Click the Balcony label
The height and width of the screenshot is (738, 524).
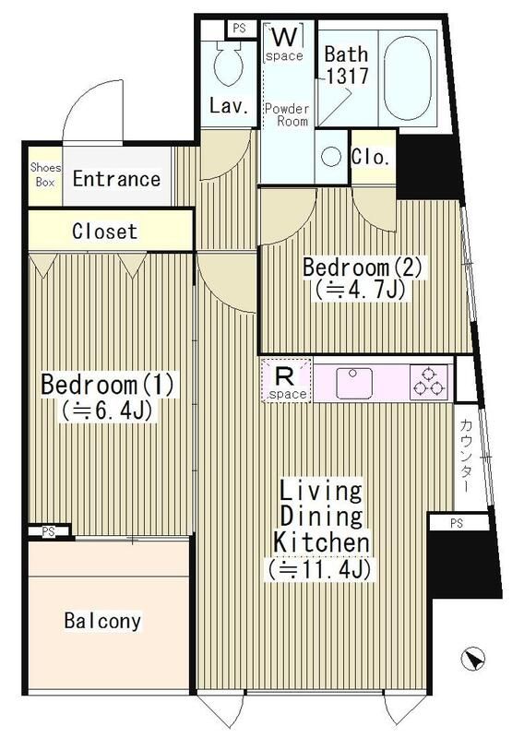coord(102,621)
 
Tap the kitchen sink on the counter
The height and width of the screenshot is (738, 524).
coord(354,382)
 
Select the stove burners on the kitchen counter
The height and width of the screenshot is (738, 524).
coord(429,381)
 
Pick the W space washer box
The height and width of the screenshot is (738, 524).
coord(285,42)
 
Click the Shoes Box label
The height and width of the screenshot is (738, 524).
coord(44,174)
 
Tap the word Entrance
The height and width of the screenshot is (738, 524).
coord(116,179)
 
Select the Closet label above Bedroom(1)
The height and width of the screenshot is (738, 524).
coord(104,232)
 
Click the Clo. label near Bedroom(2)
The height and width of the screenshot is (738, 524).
coord(371,157)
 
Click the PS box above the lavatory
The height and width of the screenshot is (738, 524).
coord(239,28)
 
